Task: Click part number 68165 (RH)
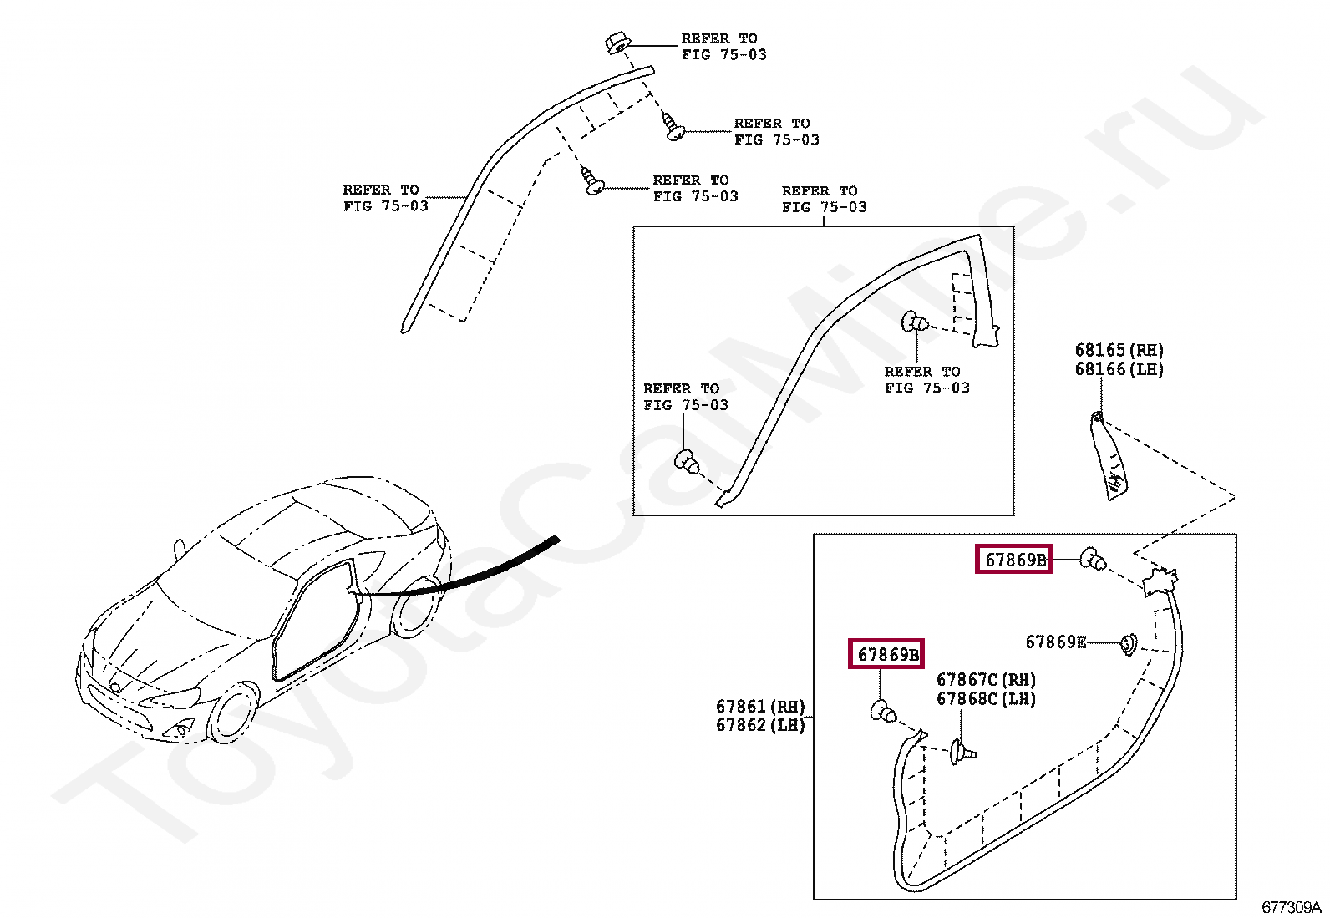1119,351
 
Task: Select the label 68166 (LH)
1119,369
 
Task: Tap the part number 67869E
1055,642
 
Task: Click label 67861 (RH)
760,707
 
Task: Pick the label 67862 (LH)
760,725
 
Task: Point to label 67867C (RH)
986,681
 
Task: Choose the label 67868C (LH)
986,699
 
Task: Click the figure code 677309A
1291,907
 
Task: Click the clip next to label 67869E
1128,643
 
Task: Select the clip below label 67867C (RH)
961,753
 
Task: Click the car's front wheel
233,713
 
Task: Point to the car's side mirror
179,548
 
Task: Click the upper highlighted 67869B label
1014,560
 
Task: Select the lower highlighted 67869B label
887,655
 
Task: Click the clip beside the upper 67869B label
1092,558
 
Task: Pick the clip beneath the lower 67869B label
883,713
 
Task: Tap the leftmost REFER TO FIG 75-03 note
385,198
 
